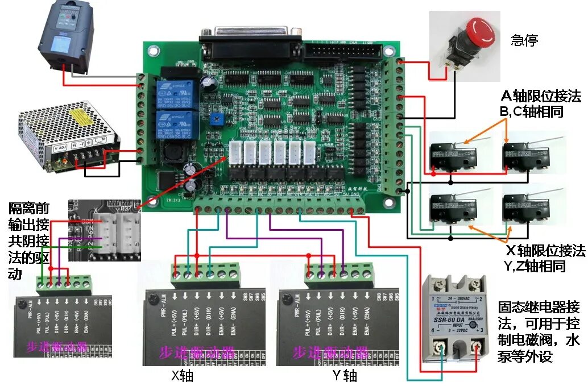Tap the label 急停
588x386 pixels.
pos(524,41)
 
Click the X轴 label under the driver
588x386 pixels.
pos(186,375)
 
